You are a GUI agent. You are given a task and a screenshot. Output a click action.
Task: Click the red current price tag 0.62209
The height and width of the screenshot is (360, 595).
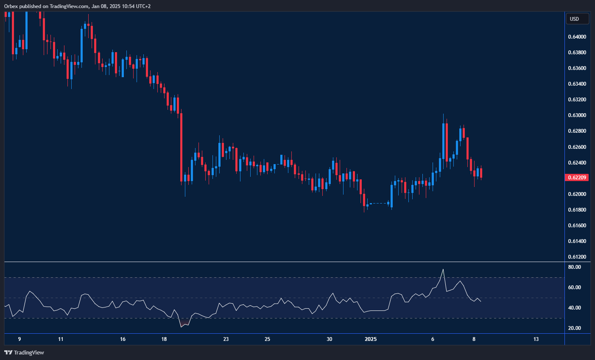577,177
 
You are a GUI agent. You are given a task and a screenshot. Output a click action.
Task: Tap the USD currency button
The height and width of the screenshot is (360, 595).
577,19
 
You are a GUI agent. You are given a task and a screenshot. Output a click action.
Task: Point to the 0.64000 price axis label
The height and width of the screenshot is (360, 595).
577,37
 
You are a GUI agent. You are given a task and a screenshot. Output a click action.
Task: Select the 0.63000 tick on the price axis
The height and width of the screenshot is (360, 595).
577,115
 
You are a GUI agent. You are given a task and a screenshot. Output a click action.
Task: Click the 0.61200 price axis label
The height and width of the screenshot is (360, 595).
577,257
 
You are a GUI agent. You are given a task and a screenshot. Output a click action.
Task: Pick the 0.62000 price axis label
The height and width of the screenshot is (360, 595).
577,194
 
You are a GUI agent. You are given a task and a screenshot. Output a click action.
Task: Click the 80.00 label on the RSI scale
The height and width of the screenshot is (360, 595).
574,267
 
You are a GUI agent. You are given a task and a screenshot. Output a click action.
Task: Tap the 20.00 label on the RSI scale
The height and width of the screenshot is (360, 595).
574,328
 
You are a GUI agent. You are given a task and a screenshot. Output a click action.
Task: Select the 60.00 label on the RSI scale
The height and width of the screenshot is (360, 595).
574,287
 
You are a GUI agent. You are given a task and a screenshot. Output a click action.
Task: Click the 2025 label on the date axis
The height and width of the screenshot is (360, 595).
371,339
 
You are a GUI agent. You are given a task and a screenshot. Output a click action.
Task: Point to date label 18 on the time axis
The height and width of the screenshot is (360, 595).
164,339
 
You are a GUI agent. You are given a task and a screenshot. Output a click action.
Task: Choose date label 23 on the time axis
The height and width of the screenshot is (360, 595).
226,339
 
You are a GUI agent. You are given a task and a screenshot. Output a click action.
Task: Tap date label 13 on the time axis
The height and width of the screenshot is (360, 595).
536,339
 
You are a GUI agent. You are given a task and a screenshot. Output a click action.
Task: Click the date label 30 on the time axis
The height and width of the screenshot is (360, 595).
330,339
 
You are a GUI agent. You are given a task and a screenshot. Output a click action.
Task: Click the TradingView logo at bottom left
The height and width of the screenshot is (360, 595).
24,352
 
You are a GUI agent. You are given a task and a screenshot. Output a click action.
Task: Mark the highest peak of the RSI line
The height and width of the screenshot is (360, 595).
443,270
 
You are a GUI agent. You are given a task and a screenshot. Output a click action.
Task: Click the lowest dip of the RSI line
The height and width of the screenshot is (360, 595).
182,326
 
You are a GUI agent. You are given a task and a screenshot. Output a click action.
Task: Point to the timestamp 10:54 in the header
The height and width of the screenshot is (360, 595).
126,6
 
